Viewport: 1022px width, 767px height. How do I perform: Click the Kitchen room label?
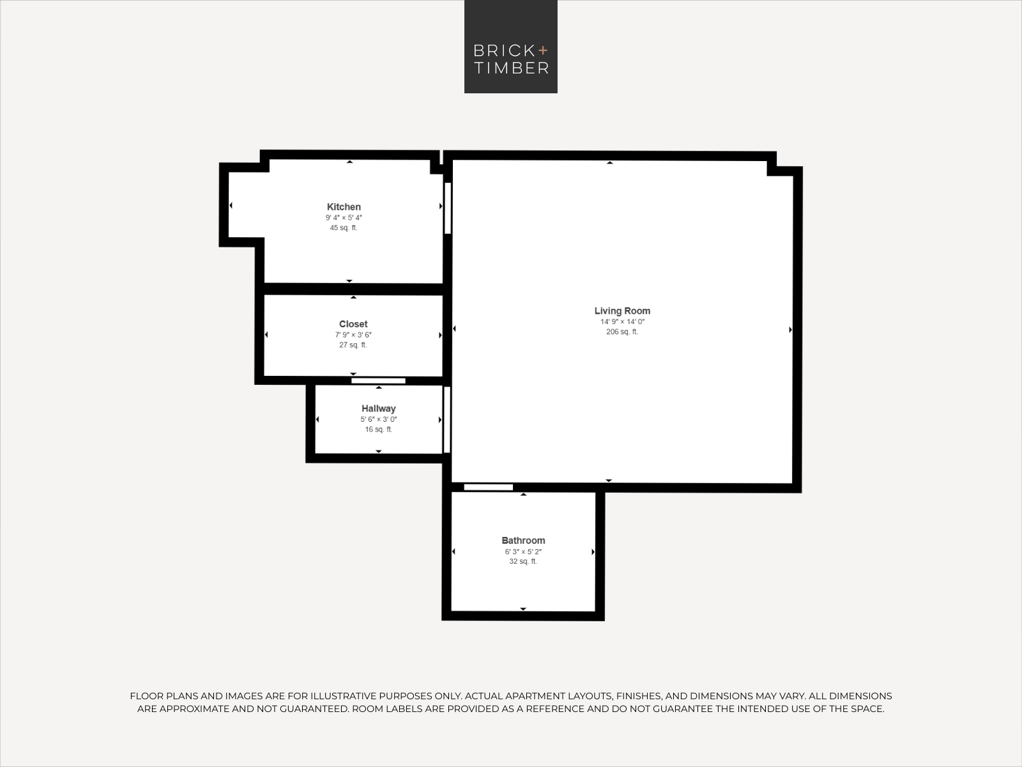pyautogui.click(x=344, y=206)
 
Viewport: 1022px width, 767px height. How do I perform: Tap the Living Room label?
pyautogui.click(x=622, y=311)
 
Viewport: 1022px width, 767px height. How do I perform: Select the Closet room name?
pyautogui.click(x=353, y=323)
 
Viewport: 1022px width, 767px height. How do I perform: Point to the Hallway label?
pyautogui.click(x=379, y=408)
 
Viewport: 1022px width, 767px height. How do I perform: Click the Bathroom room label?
pyautogui.click(x=523, y=540)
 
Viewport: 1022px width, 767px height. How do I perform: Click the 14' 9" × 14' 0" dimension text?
pyautogui.click(x=622, y=322)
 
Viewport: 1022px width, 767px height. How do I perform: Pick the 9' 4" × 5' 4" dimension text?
pyautogui.click(x=344, y=217)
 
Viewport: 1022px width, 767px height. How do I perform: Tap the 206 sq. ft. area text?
pyautogui.click(x=622, y=332)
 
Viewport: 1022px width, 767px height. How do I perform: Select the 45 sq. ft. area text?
pyautogui.click(x=344, y=228)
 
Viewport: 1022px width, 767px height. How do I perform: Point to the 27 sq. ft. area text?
pyautogui.click(x=353, y=345)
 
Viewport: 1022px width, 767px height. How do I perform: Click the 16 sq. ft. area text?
pyautogui.click(x=379, y=430)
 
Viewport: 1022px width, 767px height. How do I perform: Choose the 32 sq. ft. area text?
pyautogui.click(x=523, y=561)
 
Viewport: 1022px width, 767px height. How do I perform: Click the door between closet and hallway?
pyautogui.click(x=378, y=381)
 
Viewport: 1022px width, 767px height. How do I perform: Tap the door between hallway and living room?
pyautogui.click(x=447, y=419)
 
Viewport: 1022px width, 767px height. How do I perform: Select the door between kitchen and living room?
pyautogui.click(x=448, y=208)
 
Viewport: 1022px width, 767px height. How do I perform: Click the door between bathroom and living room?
pyautogui.click(x=489, y=487)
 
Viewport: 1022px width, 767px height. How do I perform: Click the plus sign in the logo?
pyautogui.click(x=543, y=50)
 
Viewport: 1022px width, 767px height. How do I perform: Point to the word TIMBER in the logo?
pyautogui.click(x=511, y=68)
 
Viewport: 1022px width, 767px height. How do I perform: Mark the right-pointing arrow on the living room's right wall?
pyautogui.click(x=791, y=330)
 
